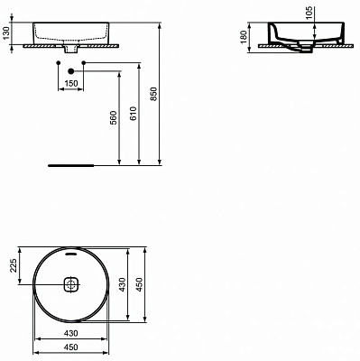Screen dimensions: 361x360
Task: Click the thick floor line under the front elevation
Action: point(69,166)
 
